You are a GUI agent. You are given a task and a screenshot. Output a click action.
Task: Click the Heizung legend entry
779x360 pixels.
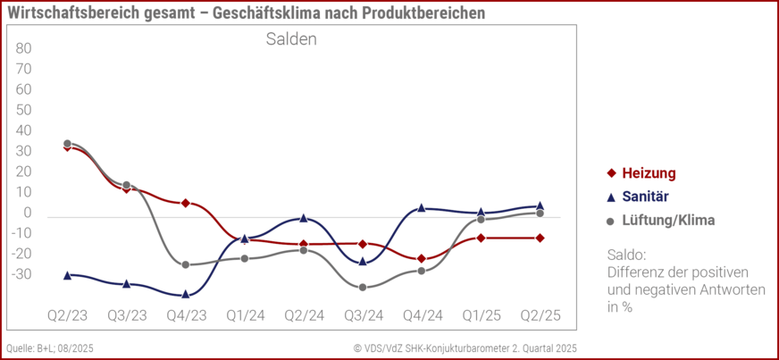click(647, 173)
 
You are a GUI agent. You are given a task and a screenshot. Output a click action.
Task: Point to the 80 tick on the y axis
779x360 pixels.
click(24, 48)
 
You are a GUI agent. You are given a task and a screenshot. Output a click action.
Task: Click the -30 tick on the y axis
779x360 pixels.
click(22, 274)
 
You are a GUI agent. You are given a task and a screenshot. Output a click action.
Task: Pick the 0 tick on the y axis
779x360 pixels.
click(28, 213)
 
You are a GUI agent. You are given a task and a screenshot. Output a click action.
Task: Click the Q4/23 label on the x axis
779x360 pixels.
click(186, 315)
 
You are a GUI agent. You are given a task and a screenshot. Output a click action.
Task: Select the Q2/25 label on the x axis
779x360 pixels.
click(540, 315)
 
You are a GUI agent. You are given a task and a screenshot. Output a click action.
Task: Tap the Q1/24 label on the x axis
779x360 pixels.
click(245, 315)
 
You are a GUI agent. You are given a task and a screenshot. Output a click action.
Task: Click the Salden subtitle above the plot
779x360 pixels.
click(291, 39)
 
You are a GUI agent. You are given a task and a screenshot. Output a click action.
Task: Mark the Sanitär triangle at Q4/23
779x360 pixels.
click(186, 294)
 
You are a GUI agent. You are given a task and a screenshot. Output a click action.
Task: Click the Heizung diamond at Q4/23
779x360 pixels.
click(186, 203)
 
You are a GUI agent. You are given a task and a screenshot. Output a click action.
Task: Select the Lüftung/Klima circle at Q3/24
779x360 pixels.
click(363, 287)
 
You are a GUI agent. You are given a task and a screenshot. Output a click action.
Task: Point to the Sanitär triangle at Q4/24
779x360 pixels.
click(422, 207)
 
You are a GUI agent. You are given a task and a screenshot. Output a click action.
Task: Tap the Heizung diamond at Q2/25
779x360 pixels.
click(540, 238)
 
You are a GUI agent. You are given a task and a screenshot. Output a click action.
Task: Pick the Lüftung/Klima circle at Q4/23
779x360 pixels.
click(186, 264)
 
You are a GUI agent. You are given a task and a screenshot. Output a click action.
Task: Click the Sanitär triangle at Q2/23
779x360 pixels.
click(68, 275)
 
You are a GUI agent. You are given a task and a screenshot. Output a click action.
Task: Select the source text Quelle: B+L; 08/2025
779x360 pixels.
click(50, 348)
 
